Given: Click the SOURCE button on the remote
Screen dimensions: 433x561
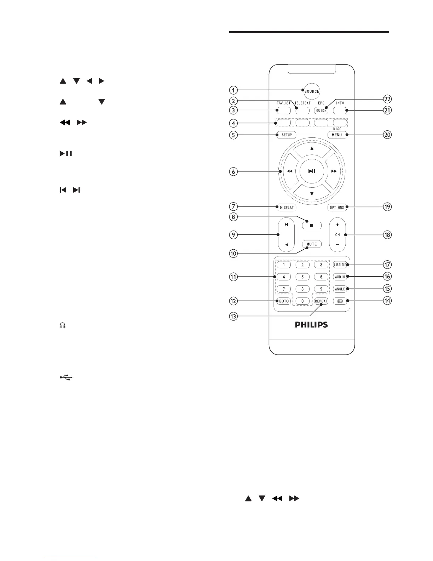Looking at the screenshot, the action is pos(312,91).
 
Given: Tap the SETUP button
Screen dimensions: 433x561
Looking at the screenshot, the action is pos(287,135).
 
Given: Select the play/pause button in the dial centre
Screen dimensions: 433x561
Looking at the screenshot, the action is pos(312,171).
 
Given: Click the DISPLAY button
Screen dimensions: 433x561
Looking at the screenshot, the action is pos(286,208).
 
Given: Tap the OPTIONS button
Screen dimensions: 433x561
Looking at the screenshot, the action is pos(337,208).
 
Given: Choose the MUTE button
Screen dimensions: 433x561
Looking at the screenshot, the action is pos(312,244).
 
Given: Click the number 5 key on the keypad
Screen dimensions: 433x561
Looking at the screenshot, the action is pos(302,277).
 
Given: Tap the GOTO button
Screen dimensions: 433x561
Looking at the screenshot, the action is pos(284,301).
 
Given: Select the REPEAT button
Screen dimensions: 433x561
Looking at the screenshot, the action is pos(321,301).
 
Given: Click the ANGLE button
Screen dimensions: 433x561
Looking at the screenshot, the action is pos(340,289).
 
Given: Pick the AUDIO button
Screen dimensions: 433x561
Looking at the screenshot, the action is pos(340,277).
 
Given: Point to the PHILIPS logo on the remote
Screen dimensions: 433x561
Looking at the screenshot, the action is pos(312,324).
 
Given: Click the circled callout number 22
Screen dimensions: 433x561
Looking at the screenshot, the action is pos(388,99).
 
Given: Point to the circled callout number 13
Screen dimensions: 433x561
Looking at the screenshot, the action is pos(233,316).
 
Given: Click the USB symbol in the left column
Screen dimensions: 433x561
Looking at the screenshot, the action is pos(66,378).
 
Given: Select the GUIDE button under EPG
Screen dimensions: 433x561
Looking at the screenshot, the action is pos(321,111).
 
